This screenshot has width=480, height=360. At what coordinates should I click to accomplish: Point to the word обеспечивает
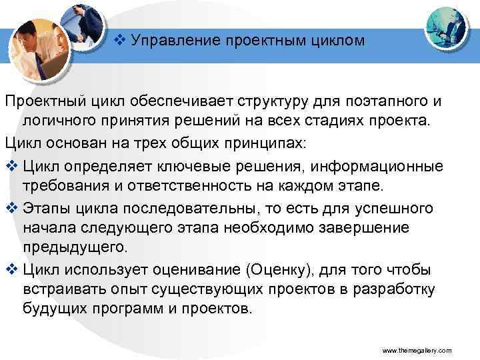click(179, 103)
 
